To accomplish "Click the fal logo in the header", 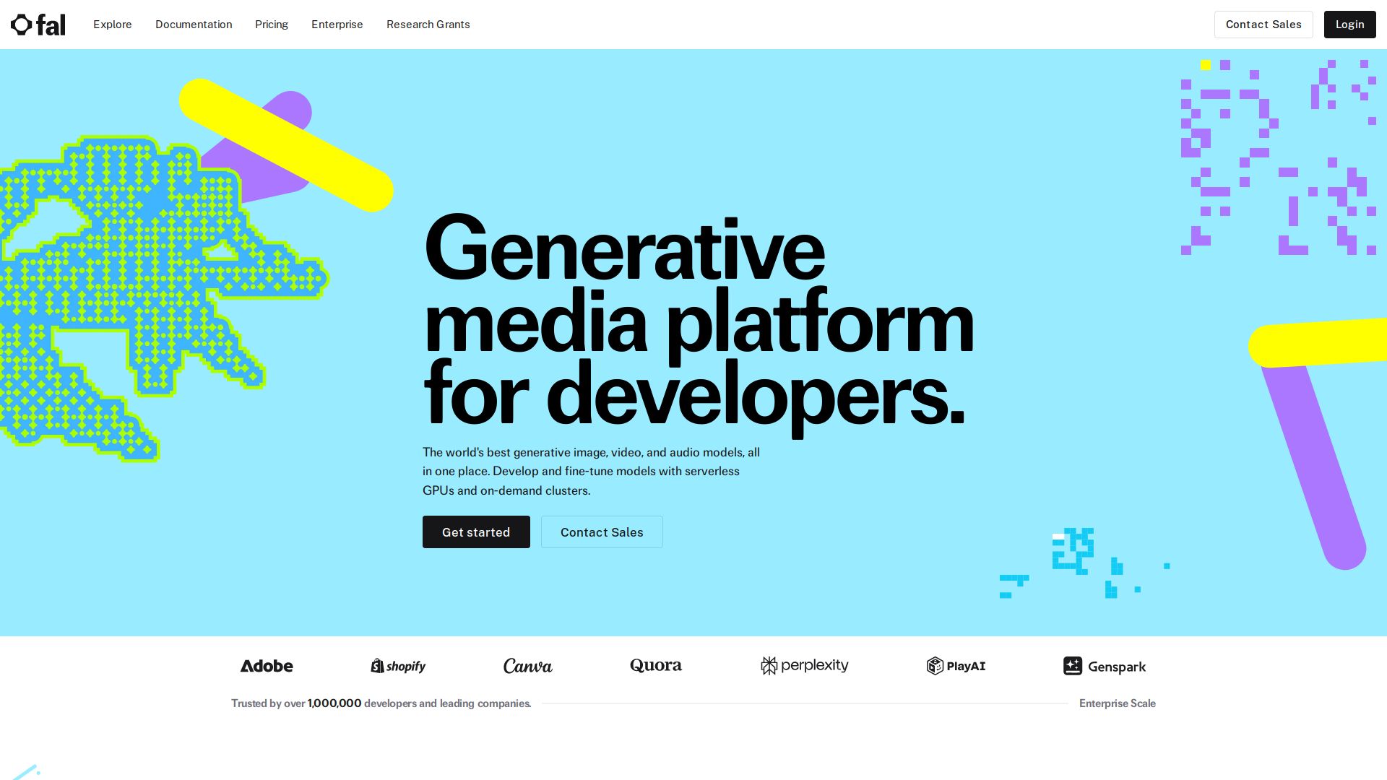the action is point(38,25).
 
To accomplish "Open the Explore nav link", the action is point(113,25).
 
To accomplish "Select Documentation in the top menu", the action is point(194,25).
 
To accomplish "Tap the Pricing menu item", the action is point(272,25).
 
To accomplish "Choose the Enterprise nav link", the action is point(337,25).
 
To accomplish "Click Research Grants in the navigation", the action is point(428,25).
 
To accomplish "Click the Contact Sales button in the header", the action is point(1263,25).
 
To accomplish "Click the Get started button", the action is point(476,532).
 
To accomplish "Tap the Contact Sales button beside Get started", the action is point(602,532).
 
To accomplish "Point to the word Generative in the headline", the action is point(625,248).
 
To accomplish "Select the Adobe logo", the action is point(267,666).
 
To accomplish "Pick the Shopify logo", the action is point(398,666).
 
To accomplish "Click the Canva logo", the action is point(528,666).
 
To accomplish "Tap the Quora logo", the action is point(656,665).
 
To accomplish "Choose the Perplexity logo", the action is point(805,665).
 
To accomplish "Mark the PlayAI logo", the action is point(956,666).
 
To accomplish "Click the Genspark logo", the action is point(1105,666).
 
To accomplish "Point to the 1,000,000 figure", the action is point(334,703).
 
